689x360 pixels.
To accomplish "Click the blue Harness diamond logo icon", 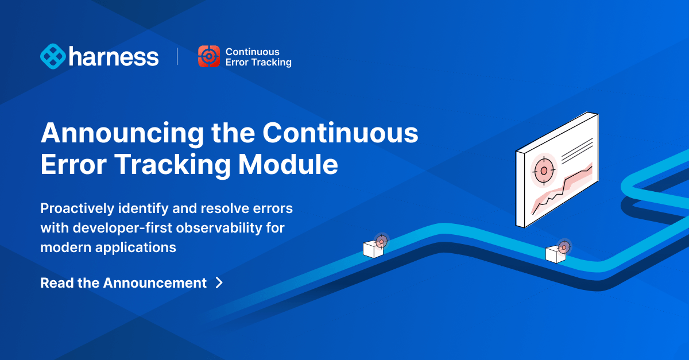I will coord(53,56).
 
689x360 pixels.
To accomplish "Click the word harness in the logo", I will coord(114,57).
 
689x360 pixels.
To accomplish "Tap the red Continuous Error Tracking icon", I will coord(208,56).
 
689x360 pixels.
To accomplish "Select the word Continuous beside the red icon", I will coord(253,51).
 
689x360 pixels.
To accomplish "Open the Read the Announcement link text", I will coord(123,283).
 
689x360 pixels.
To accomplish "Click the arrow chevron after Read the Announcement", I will coord(219,282).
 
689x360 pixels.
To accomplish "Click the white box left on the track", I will coord(373,249).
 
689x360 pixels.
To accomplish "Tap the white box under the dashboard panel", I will coord(555,254).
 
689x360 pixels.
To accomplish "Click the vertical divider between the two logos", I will coord(177,56).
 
